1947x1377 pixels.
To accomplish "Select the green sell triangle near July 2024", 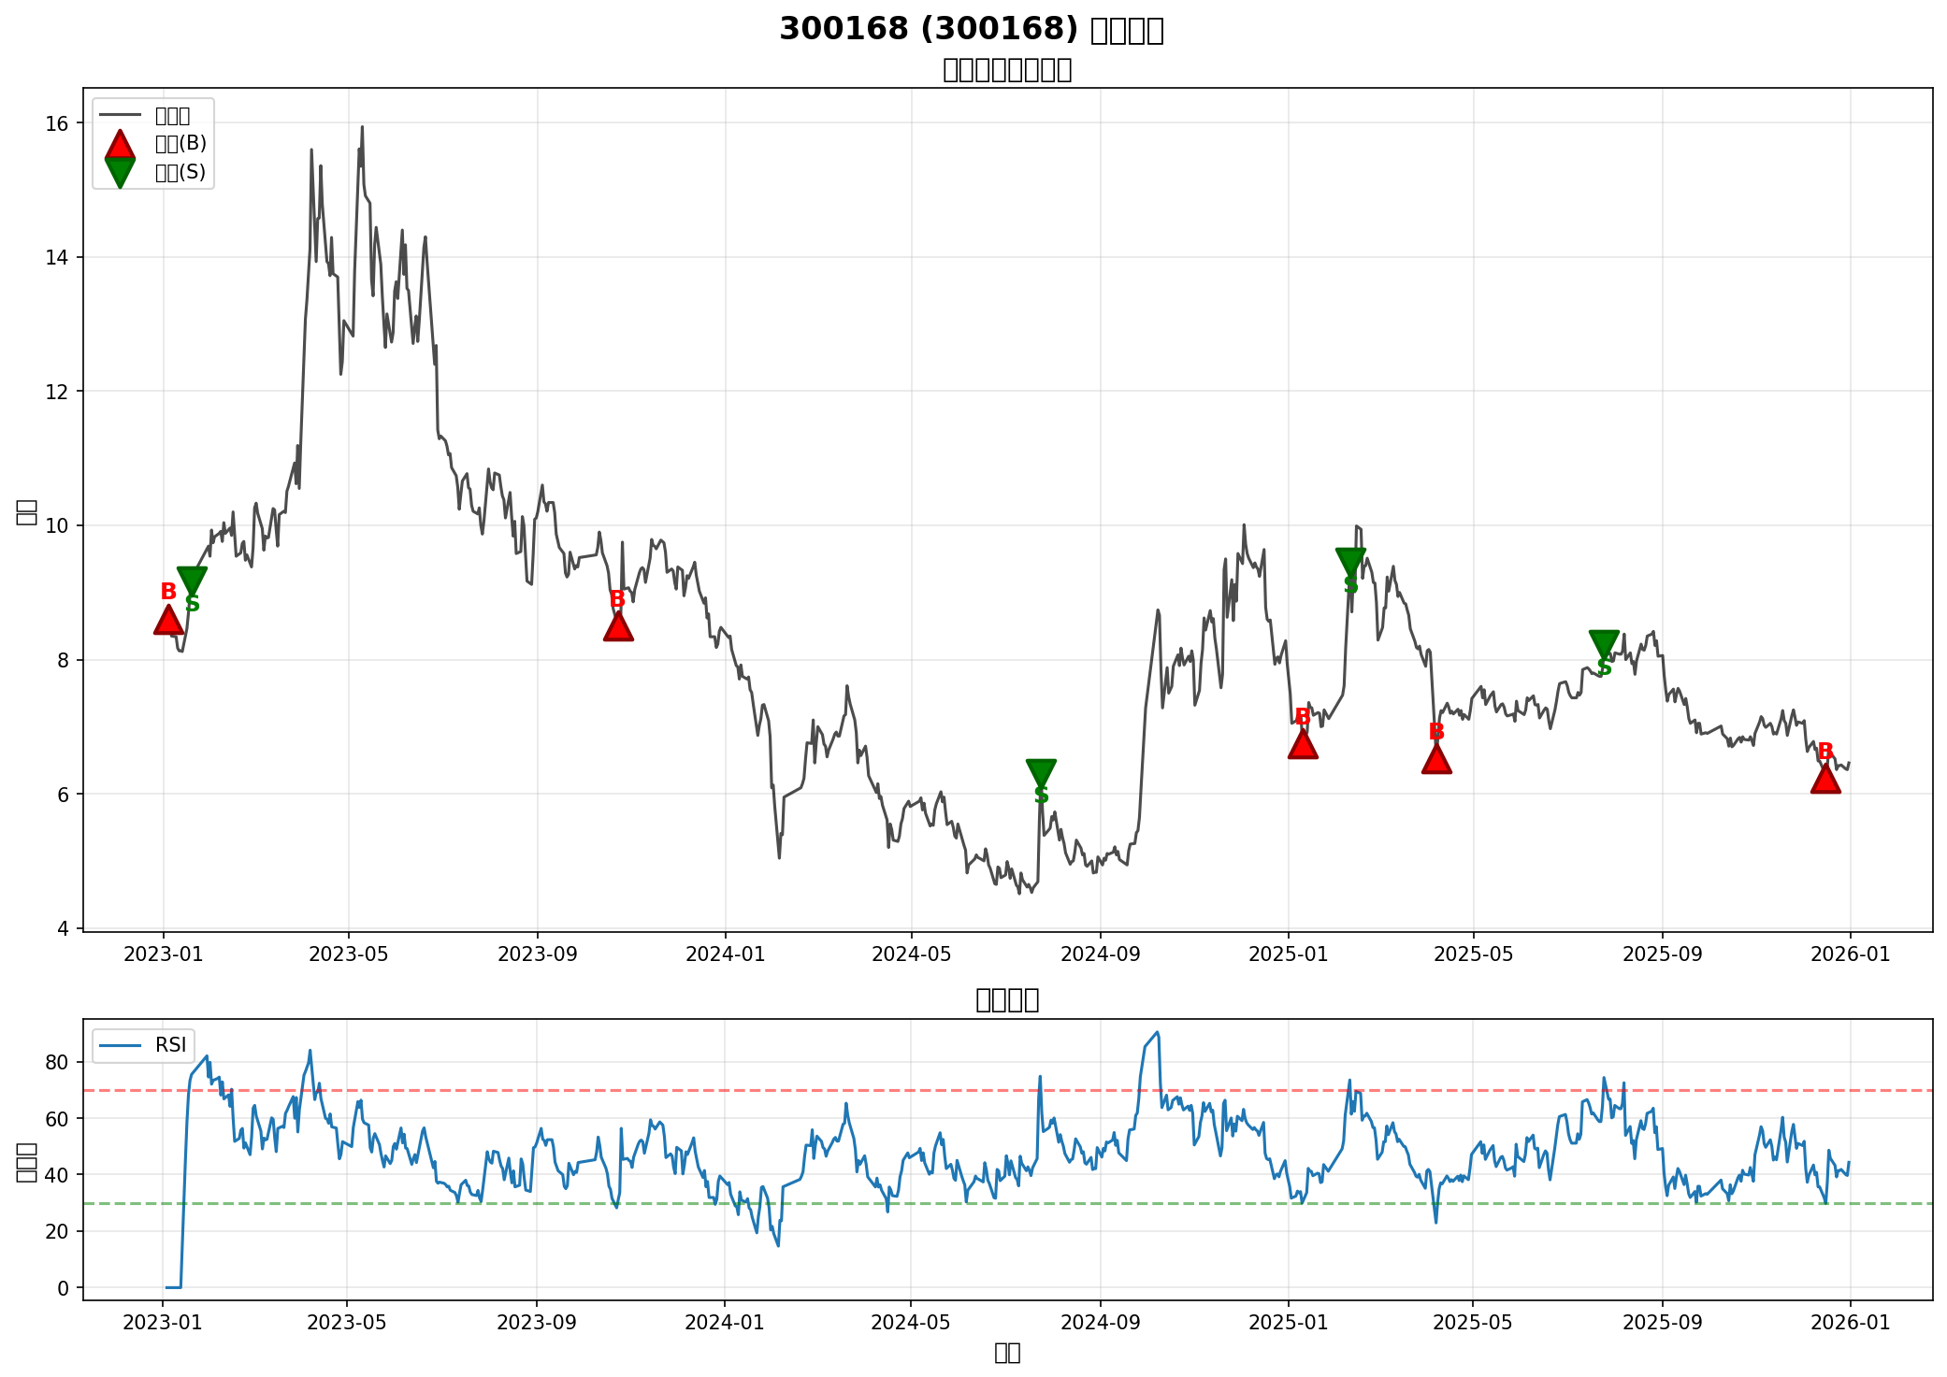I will (x=1041, y=772).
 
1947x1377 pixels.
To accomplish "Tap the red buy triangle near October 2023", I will (x=618, y=627).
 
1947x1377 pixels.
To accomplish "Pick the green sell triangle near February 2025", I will (x=1350, y=562).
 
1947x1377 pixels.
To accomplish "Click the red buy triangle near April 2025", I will (x=1436, y=760).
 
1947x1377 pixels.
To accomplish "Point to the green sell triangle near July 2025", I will (x=1604, y=643).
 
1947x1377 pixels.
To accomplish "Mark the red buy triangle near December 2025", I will (x=1825, y=779).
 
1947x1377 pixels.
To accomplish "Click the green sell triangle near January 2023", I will (x=192, y=581).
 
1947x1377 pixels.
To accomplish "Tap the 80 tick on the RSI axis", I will (x=56, y=1062).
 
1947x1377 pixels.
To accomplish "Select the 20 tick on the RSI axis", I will (x=56, y=1231).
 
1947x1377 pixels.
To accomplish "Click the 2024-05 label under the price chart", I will (x=911, y=954).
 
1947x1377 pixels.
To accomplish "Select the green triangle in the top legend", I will (x=120, y=172).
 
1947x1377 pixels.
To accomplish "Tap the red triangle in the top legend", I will (x=120, y=144).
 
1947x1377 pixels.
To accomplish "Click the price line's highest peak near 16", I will (x=362, y=126).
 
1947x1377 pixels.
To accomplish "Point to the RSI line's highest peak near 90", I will (x=1158, y=1033).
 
